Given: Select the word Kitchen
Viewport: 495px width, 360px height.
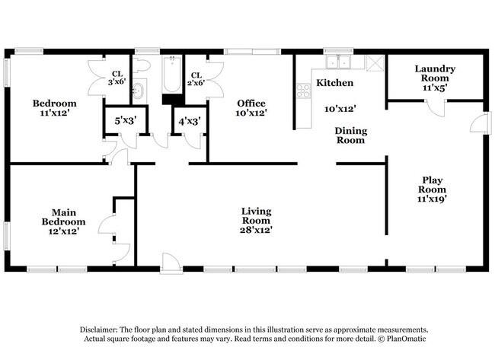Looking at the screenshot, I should (334, 82).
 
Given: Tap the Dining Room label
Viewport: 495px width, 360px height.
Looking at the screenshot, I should (351, 135).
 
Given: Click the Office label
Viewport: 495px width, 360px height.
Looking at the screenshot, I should (251, 104).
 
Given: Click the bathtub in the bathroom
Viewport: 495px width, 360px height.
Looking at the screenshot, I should (170, 80).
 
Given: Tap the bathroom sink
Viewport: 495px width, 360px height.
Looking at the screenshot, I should (139, 91).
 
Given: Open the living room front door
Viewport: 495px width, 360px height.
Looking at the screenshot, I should (172, 264).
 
